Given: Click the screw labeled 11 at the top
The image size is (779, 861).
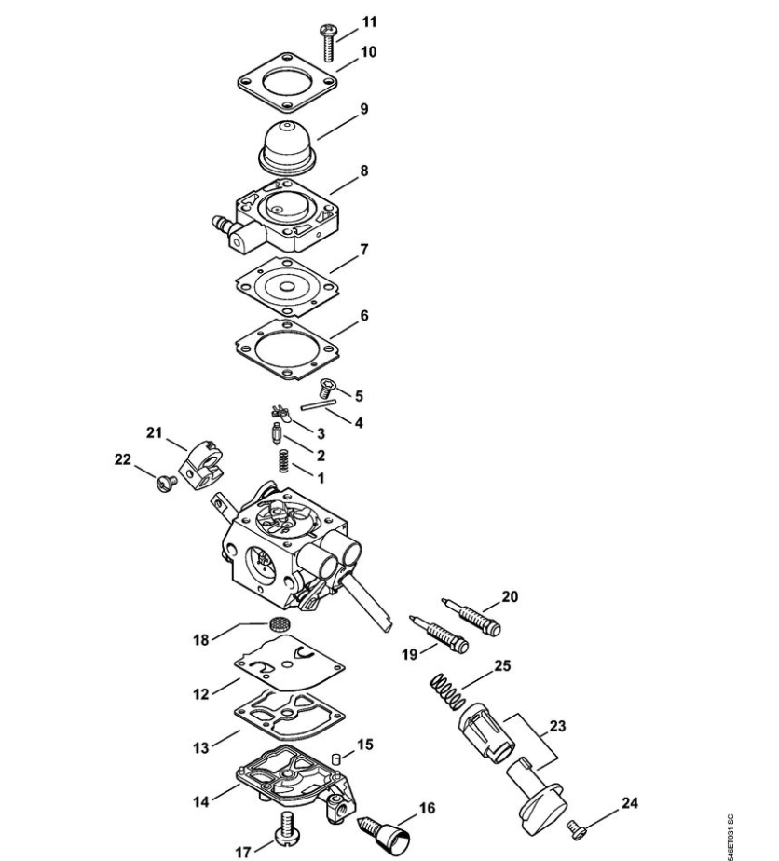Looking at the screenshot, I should [327, 44].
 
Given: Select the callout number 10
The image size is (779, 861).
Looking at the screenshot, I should [368, 52].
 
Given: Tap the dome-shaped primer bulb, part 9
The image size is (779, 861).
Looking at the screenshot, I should [288, 147].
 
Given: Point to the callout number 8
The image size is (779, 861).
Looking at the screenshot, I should [363, 171].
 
